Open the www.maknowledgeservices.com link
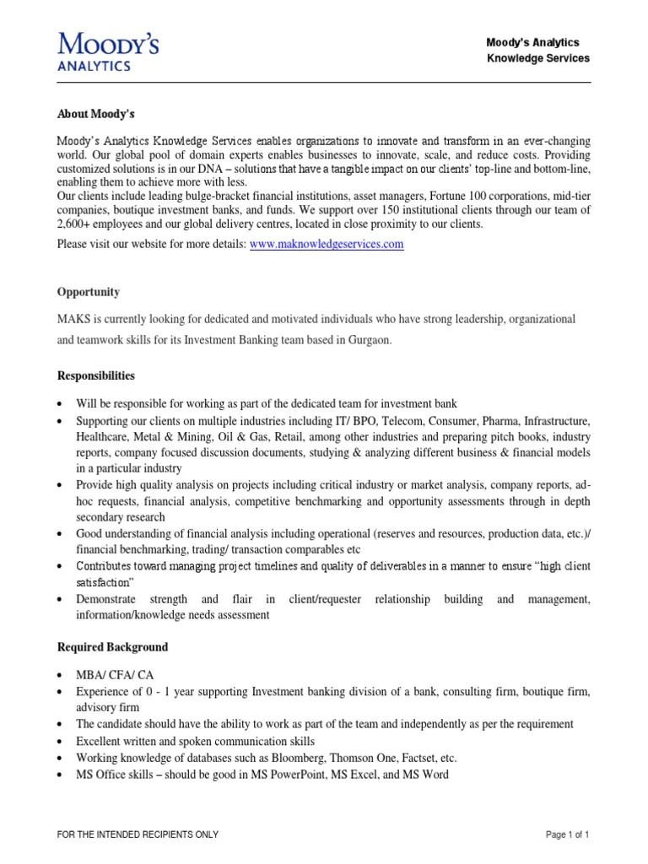point(327,244)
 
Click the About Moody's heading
point(95,114)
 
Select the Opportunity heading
point(88,292)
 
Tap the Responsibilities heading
point(95,375)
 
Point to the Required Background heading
point(112,647)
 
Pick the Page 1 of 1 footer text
point(567,834)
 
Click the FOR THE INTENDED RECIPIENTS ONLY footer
point(138,834)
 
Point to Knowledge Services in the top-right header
point(538,58)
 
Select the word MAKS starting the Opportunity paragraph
point(73,320)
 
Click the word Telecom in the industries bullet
point(405,420)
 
